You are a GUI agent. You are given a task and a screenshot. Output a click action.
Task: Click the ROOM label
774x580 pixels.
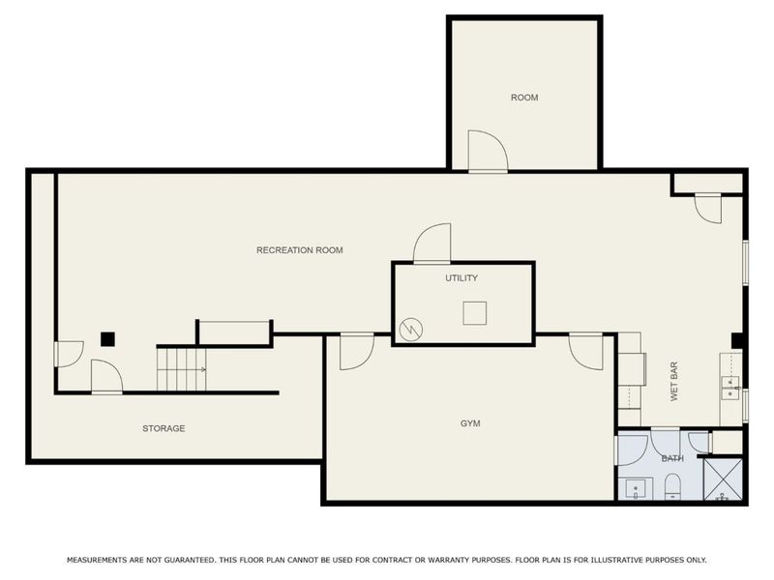click(x=524, y=98)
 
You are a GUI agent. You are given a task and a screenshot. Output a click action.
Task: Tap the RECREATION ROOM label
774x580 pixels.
click(x=300, y=250)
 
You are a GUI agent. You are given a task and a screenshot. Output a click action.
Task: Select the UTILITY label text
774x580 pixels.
click(x=461, y=278)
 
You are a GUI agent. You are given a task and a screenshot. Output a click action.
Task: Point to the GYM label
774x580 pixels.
click(x=470, y=423)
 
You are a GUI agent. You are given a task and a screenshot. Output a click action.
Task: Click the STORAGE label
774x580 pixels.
click(x=164, y=428)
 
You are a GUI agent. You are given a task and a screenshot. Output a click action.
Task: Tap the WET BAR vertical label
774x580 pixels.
click(x=674, y=381)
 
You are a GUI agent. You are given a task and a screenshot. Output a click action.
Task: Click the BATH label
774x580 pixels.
click(x=672, y=458)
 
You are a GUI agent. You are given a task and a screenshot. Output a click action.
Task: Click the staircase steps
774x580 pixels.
click(x=182, y=369)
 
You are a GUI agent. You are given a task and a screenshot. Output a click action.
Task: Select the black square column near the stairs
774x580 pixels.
click(x=107, y=339)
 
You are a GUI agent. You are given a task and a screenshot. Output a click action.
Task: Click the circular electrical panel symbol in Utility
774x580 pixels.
click(x=411, y=330)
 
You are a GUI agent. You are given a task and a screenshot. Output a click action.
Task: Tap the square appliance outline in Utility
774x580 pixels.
click(x=475, y=313)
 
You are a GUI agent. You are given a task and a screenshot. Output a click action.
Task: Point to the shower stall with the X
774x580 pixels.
click(x=723, y=479)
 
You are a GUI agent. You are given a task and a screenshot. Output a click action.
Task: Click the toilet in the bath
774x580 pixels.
click(x=672, y=486)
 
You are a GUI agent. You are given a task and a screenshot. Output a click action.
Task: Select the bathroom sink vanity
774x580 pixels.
click(x=636, y=489)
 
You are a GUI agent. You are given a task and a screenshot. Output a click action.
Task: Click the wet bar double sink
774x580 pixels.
click(x=730, y=388)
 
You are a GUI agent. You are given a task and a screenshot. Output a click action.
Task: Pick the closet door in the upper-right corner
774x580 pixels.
click(x=708, y=208)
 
